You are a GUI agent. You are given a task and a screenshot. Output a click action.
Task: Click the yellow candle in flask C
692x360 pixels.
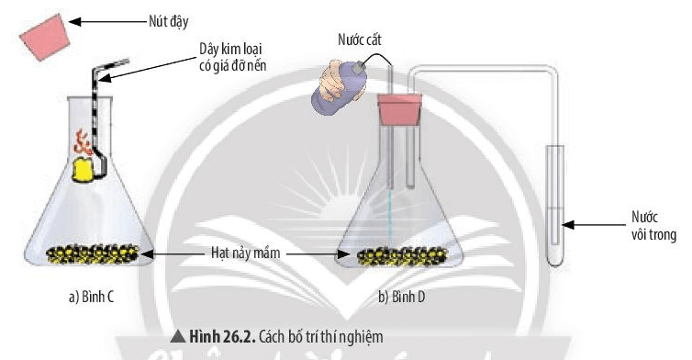pos(84,170)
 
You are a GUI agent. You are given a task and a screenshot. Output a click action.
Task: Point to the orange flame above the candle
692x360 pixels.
pos(81,142)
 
